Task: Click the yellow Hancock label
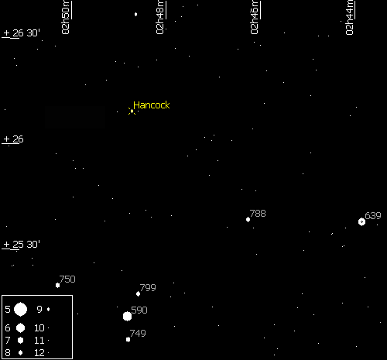click(x=152, y=105)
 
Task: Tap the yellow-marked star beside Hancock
click(x=132, y=111)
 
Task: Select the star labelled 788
click(x=248, y=220)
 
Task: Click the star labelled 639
click(x=361, y=221)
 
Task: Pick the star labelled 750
click(x=57, y=285)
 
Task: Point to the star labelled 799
click(x=138, y=293)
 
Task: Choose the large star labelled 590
click(x=127, y=316)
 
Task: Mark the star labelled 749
click(x=128, y=339)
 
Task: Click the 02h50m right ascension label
click(x=66, y=18)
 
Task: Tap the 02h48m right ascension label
click(x=160, y=18)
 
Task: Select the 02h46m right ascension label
click(x=255, y=18)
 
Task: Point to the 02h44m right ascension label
click(x=350, y=18)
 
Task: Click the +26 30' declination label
click(x=22, y=33)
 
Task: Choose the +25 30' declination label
click(x=22, y=245)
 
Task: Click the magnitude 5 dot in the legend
click(x=20, y=309)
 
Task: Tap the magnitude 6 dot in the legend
click(x=20, y=327)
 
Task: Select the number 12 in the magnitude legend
click(x=39, y=352)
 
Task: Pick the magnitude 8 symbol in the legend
click(x=20, y=352)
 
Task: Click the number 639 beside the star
click(x=373, y=215)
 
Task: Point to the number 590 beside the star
click(x=139, y=310)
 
